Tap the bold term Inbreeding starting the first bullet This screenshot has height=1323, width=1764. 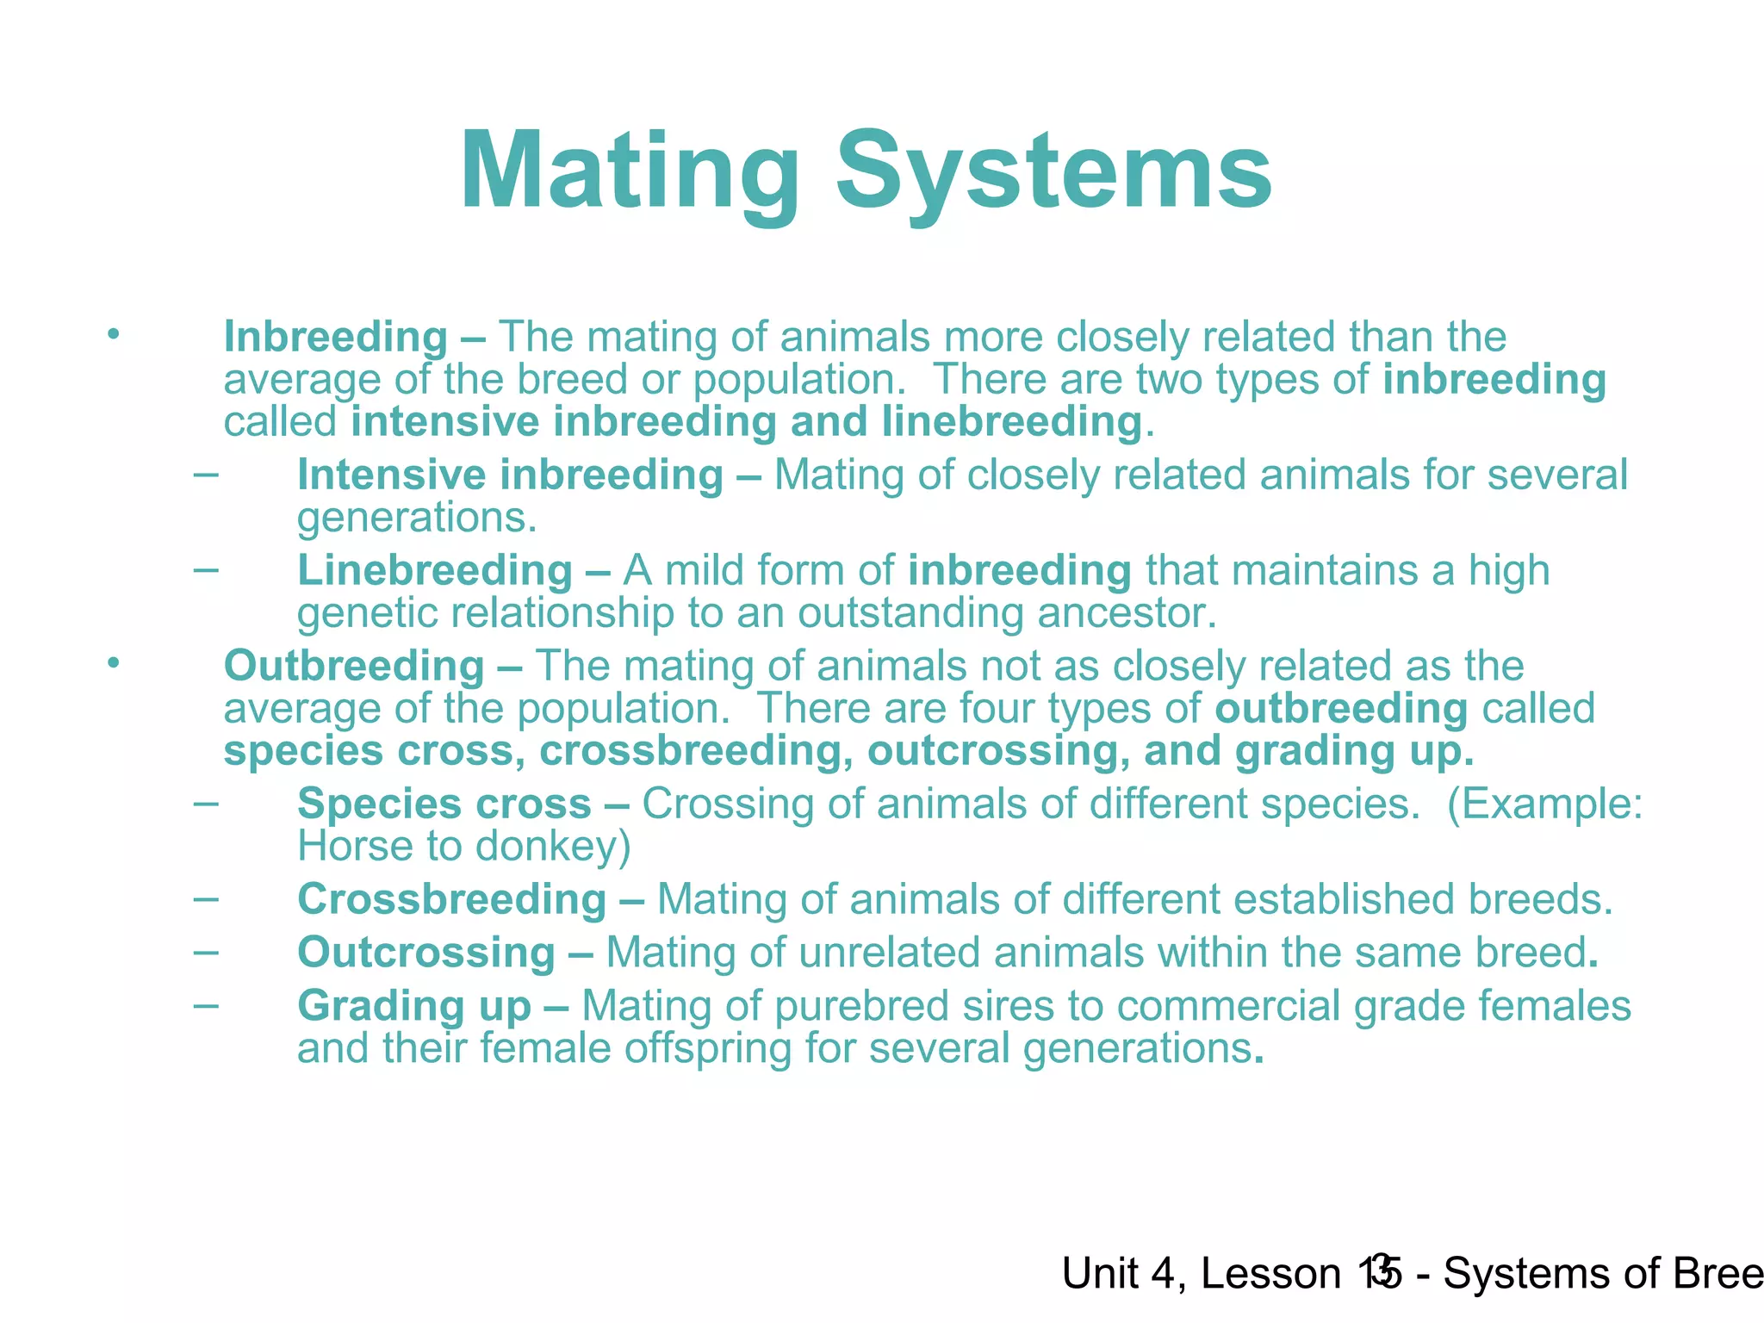click(x=335, y=337)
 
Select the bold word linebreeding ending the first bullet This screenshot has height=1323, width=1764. click(x=1012, y=422)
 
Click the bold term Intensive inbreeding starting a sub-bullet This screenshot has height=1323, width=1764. click(x=510, y=475)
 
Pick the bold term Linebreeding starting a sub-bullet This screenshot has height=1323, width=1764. click(x=435, y=571)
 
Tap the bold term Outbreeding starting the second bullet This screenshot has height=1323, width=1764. click(x=354, y=667)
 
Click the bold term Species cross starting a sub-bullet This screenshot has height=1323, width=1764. click(x=444, y=804)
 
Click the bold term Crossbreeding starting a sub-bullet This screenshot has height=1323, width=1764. click(x=451, y=900)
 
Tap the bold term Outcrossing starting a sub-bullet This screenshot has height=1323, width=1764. click(x=425, y=953)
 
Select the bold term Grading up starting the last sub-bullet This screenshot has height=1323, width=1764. click(x=413, y=1006)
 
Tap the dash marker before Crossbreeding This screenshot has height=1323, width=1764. click(x=206, y=898)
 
